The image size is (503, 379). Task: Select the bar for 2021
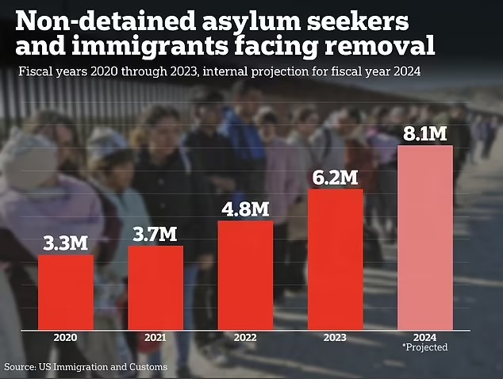[156, 286]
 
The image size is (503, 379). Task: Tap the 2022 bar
[245, 274]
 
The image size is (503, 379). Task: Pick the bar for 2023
[335, 258]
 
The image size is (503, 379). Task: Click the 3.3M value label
[66, 242]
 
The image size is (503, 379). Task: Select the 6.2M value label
[335, 176]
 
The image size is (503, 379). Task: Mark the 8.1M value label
[424, 133]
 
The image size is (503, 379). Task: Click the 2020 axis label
[66, 337]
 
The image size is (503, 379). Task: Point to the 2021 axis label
[156, 337]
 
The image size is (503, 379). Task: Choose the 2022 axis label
[245, 337]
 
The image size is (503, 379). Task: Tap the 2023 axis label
[335, 337]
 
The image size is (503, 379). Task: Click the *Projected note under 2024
[425, 347]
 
